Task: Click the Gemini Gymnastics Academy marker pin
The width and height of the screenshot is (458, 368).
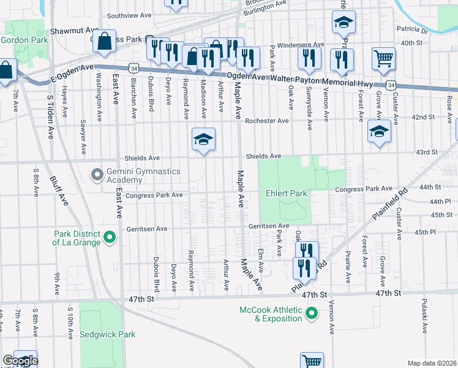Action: [x=97, y=175]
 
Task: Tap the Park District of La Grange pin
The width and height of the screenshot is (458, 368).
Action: [x=110, y=236]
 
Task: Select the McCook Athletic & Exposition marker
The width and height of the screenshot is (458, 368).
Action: [x=312, y=314]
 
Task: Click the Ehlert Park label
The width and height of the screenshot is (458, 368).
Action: [x=287, y=193]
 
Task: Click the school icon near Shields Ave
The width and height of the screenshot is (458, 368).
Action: [x=203, y=139]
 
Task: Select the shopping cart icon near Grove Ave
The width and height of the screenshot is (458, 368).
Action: [x=383, y=59]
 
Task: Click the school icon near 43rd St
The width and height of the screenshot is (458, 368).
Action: [x=379, y=132]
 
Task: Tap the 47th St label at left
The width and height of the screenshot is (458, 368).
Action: [x=140, y=299]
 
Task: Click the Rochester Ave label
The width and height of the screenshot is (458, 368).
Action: [x=266, y=121]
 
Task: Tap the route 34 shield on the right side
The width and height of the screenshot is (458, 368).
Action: [x=390, y=86]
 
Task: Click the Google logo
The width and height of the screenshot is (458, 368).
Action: [x=20, y=361]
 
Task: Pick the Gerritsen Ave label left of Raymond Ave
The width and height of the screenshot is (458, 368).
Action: [x=146, y=229]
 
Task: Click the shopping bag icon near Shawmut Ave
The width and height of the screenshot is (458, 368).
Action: [x=106, y=42]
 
